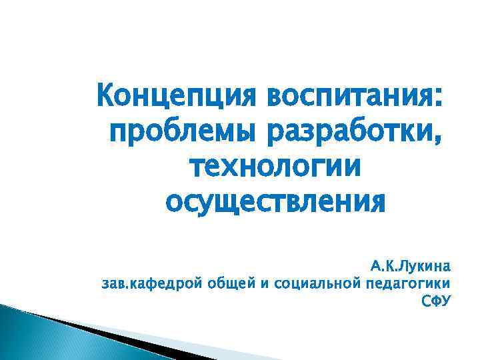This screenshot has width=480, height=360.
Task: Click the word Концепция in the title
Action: pyautogui.click(x=176, y=96)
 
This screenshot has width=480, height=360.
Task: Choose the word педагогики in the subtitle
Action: pyautogui.click(x=409, y=284)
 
